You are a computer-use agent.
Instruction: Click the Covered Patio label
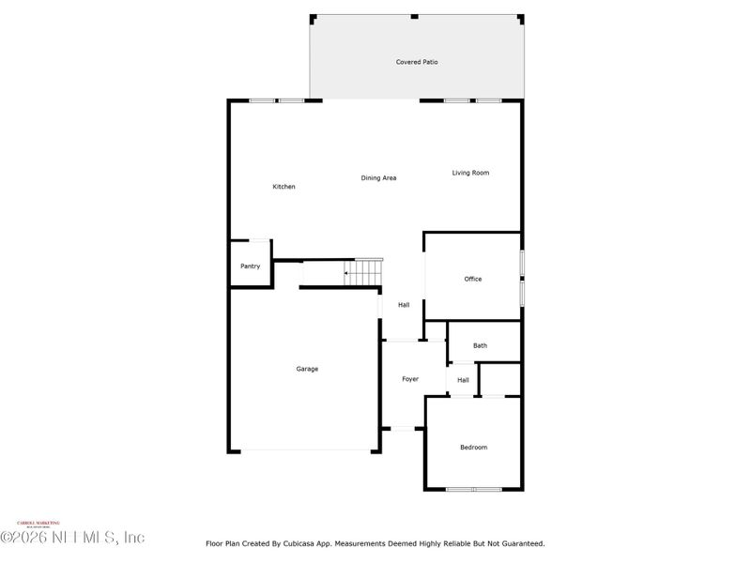[417, 62]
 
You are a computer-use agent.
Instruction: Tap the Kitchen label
[284, 187]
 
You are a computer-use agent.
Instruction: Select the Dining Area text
[378, 177]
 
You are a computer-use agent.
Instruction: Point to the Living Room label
[470, 173]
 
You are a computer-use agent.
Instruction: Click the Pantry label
[250, 266]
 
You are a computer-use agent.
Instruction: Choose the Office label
[473, 279]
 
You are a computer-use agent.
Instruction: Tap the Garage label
[307, 369]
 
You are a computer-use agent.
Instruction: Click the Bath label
[480, 345]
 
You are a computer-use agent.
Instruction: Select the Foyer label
[410, 379]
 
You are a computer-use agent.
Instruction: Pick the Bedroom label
[473, 448]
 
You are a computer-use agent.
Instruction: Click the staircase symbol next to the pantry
[363, 272]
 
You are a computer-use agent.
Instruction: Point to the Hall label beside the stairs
[404, 305]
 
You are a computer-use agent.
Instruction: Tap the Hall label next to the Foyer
[463, 380]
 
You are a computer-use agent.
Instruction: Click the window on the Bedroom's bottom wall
[474, 489]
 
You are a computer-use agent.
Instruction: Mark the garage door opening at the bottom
[305, 451]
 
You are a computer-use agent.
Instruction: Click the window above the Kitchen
[277, 100]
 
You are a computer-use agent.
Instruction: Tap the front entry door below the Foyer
[404, 429]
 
